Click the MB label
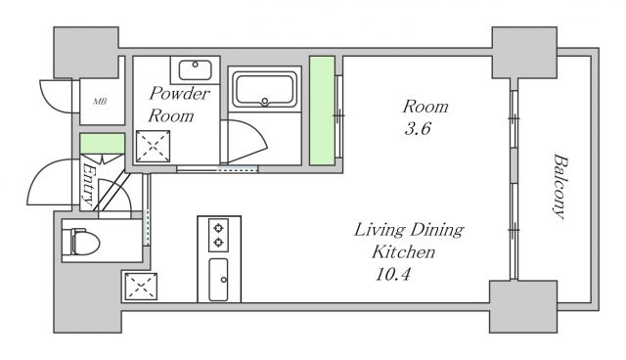(100, 102)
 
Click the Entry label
(89, 185)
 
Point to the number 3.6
(418, 129)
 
